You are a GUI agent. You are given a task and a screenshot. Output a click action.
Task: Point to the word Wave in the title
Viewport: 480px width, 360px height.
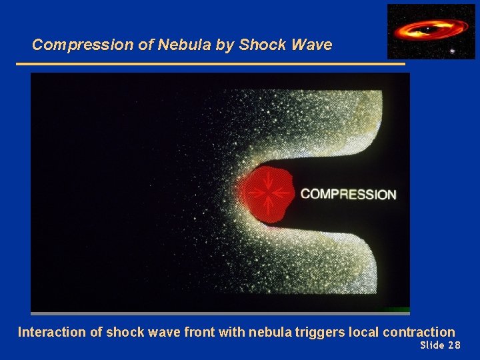[x=311, y=45]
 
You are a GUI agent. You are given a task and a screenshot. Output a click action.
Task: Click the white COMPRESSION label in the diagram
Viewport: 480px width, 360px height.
[x=348, y=195]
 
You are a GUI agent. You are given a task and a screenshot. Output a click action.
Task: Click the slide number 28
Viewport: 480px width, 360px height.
[x=454, y=345]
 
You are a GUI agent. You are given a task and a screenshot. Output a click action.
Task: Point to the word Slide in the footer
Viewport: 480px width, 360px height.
[x=432, y=345]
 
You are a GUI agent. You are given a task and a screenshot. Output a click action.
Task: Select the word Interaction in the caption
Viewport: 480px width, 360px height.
[x=51, y=332]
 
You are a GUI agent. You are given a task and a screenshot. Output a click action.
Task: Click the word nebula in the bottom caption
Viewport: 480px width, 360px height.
[x=269, y=332]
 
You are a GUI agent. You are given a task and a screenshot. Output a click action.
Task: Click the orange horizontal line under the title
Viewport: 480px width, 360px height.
[x=210, y=64]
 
